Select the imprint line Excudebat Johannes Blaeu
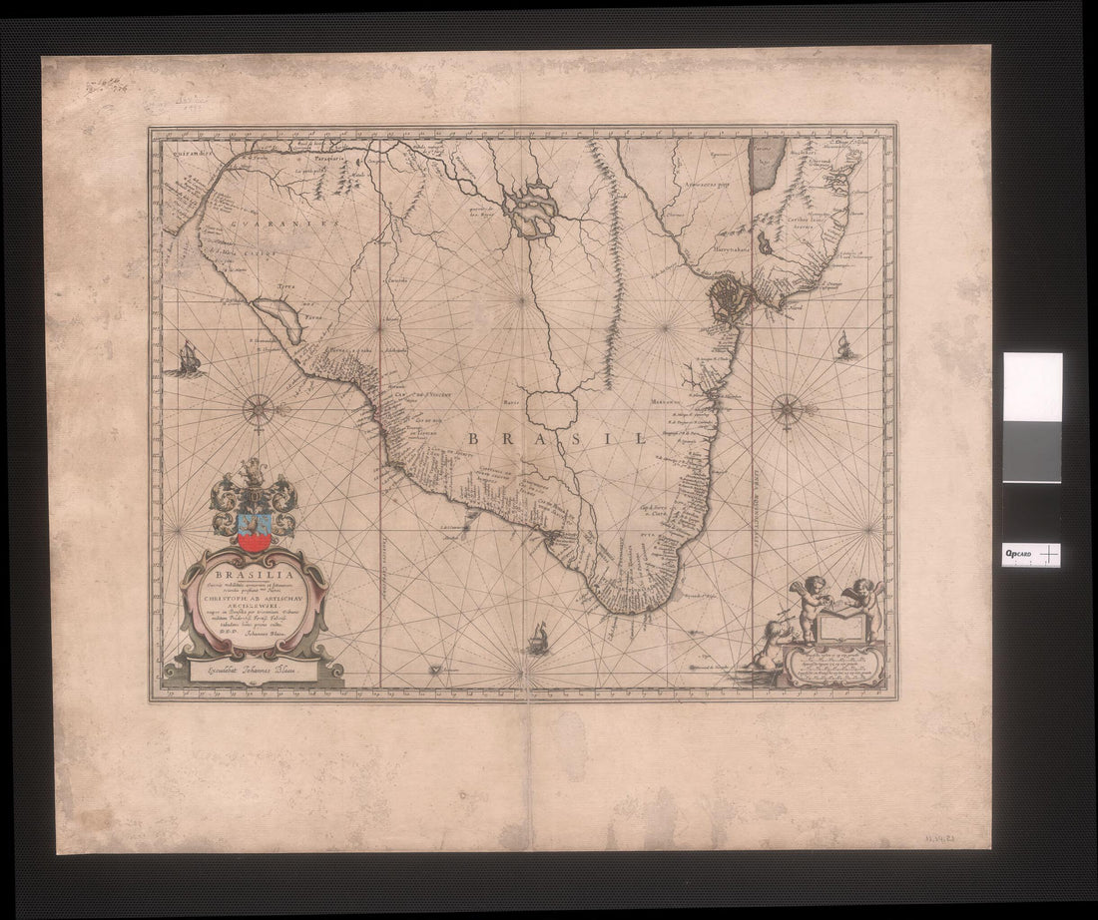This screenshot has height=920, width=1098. (x=255, y=673)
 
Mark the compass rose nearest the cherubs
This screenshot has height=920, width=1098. (x=789, y=408)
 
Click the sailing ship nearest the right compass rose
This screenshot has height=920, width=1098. (x=846, y=346)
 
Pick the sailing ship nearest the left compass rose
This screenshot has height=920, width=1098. (x=189, y=358)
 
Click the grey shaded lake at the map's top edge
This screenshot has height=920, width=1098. (x=765, y=165)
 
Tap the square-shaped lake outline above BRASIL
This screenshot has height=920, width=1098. (x=552, y=409)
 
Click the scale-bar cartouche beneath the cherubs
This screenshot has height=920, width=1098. (x=833, y=663)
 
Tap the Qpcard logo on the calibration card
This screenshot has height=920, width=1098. (x=1018, y=554)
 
